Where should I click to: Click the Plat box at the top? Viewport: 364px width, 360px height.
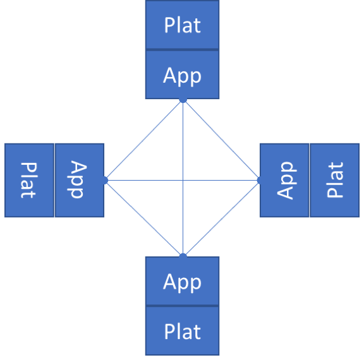point(182,25)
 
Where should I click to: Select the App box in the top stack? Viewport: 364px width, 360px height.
point(182,75)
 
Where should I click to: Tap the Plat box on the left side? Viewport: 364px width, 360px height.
point(29,180)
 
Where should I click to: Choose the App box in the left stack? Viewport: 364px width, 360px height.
point(80,180)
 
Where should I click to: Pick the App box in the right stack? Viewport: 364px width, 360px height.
point(284,180)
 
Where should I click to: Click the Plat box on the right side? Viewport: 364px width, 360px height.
point(335,180)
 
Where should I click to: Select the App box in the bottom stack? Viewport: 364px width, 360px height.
point(182,281)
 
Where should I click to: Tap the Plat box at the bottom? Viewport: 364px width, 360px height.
point(182,331)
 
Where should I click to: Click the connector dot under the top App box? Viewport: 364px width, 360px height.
point(183,99)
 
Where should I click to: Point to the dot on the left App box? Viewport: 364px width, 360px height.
point(104,180)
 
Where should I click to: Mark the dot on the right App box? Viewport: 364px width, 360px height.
point(260,180)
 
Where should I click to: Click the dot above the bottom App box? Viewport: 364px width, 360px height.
point(183,256)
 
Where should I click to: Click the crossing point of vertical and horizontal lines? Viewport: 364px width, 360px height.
point(183,180)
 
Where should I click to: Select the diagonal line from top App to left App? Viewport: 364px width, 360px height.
point(143,140)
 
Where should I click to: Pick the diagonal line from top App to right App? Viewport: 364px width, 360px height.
point(222,140)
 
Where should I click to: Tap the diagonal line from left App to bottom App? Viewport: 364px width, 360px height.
point(143,219)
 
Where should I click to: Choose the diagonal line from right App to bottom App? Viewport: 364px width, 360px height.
point(222,219)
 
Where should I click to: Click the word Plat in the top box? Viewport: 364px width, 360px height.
point(183,25)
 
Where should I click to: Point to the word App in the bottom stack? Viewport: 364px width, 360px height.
point(182,282)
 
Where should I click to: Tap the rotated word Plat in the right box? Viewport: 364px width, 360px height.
point(335,180)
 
